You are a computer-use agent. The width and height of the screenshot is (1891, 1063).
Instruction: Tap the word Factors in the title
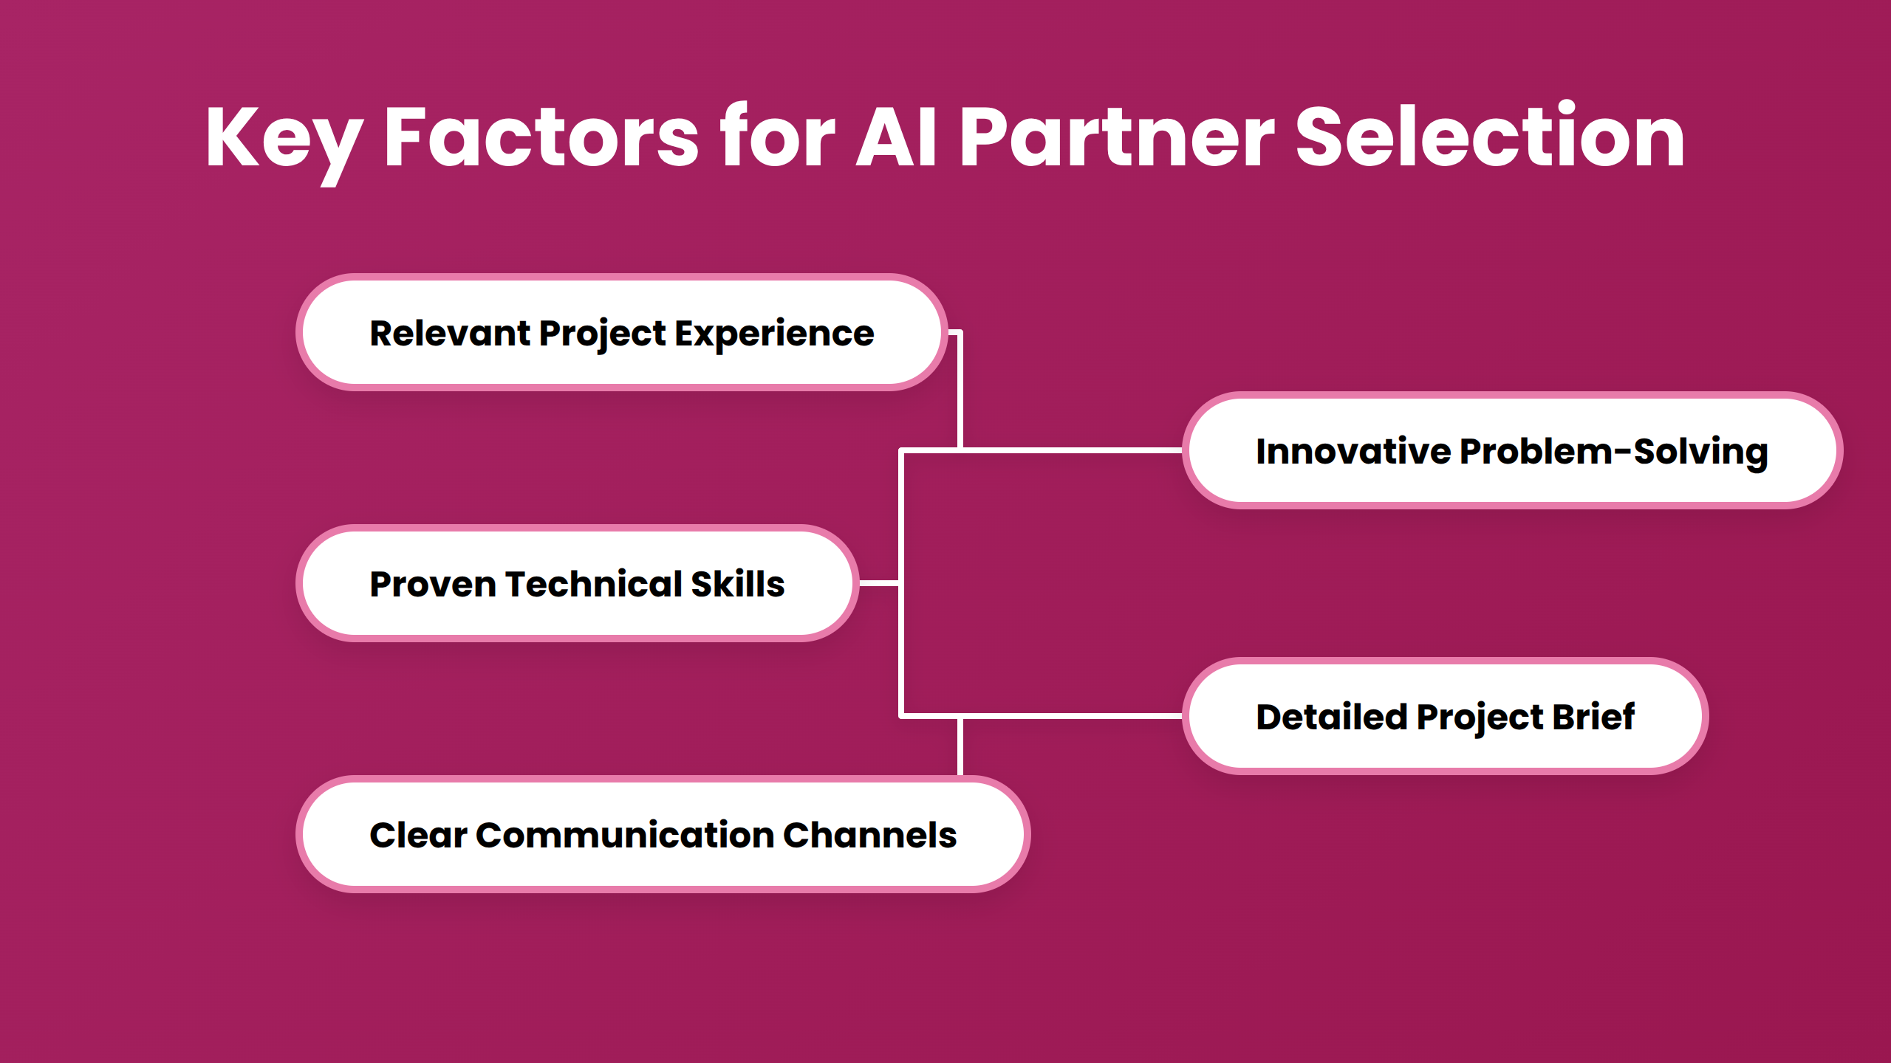(x=541, y=138)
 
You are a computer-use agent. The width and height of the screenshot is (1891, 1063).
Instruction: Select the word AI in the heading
(x=896, y=138)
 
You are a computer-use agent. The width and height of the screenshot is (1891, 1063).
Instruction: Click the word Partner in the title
(x=1116, y=138)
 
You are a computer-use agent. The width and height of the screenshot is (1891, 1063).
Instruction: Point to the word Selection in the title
(x=1489, y=138)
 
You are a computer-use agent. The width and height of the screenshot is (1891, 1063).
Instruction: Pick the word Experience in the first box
(x=773, y=334)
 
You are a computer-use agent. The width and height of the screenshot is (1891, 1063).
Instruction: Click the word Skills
(x=737, y=584)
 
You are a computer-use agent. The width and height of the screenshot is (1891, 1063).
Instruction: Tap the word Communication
(x=624, y=835)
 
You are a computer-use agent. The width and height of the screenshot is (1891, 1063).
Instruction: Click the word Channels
(x=869, y=835)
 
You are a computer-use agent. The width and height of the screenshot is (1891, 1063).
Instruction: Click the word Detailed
(x=1331, y=717)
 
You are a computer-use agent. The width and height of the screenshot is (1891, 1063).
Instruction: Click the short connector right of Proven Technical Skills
(x=879, y=583)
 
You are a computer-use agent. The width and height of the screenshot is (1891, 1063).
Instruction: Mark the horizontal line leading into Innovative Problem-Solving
(x=1071, y=450)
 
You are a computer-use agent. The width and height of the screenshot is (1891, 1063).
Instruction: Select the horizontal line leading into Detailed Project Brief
(x=1071, y=715)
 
